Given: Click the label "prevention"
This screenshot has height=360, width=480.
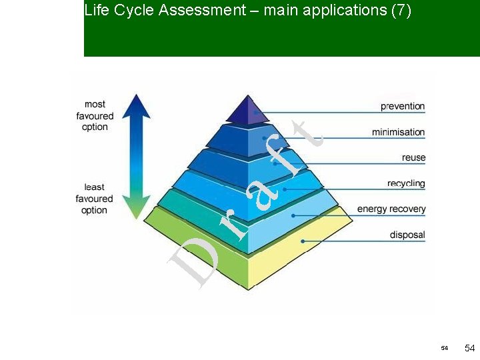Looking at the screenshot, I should [x=402, y=107].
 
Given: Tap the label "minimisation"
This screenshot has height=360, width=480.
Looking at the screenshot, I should [x=398, y=132].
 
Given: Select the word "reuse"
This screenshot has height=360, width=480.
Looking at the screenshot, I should [x=413, y=158].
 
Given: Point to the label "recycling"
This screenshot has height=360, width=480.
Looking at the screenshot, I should [x=405, y=183].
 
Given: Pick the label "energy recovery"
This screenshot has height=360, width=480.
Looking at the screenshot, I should [x=391, y=209].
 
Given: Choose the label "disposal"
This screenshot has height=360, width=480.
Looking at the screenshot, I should [x=407, y=235].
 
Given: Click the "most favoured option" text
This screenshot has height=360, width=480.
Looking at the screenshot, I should [x=95, y=115].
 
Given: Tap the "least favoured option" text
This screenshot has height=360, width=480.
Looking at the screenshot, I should [x=94, y=199].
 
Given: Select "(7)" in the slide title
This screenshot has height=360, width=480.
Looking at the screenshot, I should [x=400, y=10].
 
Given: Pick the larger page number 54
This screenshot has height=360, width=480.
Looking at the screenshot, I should [x=469, y=349].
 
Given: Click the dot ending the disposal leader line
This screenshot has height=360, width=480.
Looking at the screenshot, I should [x=303, y=241].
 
